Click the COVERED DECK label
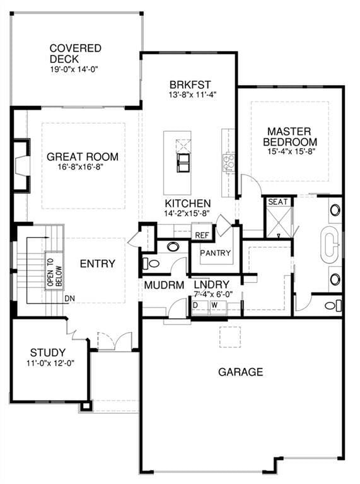pyautogui.click(x=75, y=54)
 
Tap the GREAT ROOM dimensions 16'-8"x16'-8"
pyautogui.click(x=80, y=167)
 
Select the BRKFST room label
pyautogui.click(x=190, y=84)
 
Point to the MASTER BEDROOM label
pyautogui.click(x=289, y=137)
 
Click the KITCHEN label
pyautogui.click(x=188, y=204)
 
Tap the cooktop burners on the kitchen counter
pyautogui.click(x=229, y=163)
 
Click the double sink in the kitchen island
pyautogui.click(x=183, y=163)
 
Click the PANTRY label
pyautogui.click(x=215, y=253)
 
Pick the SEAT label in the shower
pyautogui.click(x=278, y=202)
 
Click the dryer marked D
pyautogui.click(x=200, y=307)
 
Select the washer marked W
pyautogui.click(x=218, y=307)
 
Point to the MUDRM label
pyautogui.click(x=164, y=285)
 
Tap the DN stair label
pyautogui.click(x=70, y=299)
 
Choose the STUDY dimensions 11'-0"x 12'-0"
pyautogui.click(x=50, y=363)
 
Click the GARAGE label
pyautogui.click(x=240, y=372)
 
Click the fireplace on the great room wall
pyautogui.click(x=21, y=166)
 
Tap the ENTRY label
pyautogui.click(x=97, y=263)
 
